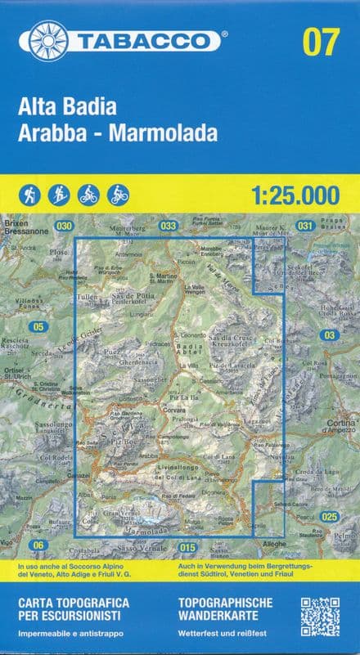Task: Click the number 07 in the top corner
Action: coord(320,41)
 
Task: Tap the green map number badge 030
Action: coord(64,226)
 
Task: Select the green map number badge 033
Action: coord(169,226)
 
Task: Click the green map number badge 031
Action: coord(305,226)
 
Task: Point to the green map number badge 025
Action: coord(329,516)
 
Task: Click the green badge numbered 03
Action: coord(330,335)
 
